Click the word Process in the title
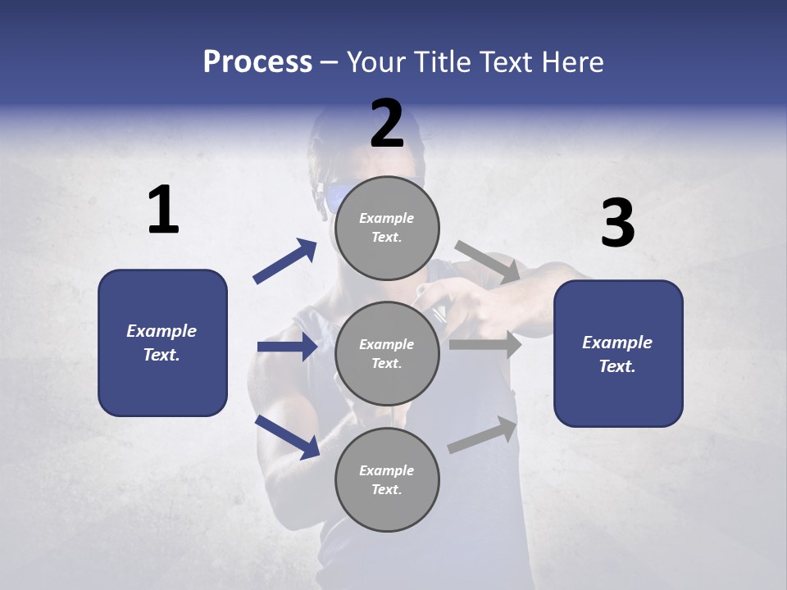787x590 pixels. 257,62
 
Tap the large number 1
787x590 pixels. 163,211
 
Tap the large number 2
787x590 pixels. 387,124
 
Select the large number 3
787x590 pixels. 617,224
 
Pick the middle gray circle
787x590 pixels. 387,353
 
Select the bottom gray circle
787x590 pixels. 387,479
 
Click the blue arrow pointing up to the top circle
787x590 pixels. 285,261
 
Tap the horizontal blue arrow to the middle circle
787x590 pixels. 287,347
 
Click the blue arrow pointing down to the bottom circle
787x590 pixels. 288,437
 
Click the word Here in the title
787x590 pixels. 571,62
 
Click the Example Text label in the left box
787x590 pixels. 161,343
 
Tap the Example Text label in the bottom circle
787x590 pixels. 387,479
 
